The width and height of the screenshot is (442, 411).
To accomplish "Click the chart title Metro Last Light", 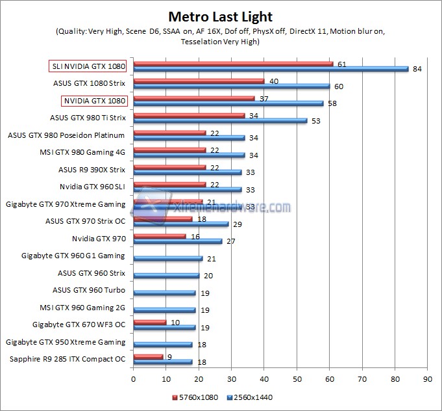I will [221, 16].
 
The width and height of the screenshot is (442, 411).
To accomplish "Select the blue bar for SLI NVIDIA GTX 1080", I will [271, 69].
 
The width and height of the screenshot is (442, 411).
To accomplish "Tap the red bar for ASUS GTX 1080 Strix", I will [199, 81].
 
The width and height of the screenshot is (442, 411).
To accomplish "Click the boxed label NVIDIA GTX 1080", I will [93, 101].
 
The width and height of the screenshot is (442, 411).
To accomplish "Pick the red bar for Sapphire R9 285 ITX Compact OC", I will [148, 356].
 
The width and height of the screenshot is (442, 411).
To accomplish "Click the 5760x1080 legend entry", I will [195, 396].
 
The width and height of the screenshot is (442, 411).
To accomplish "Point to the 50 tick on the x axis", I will [297, 377].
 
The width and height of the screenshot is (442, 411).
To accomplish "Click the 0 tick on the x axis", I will [133, 377].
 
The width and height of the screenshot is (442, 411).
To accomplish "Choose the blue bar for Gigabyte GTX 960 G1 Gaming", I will [167, 258].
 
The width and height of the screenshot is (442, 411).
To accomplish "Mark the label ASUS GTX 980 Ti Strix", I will [88, 118].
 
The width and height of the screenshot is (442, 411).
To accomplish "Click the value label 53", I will [315, 120].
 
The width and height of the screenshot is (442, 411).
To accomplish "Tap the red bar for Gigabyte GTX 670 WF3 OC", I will [149, 322].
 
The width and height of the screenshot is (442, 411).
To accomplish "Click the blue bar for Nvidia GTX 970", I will [177, 241].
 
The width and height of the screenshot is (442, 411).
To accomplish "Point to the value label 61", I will [341, 64].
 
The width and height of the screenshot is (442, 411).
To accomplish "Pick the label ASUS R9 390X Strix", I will [92, 169].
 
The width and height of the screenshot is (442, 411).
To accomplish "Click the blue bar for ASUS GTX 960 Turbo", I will [164, 293].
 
